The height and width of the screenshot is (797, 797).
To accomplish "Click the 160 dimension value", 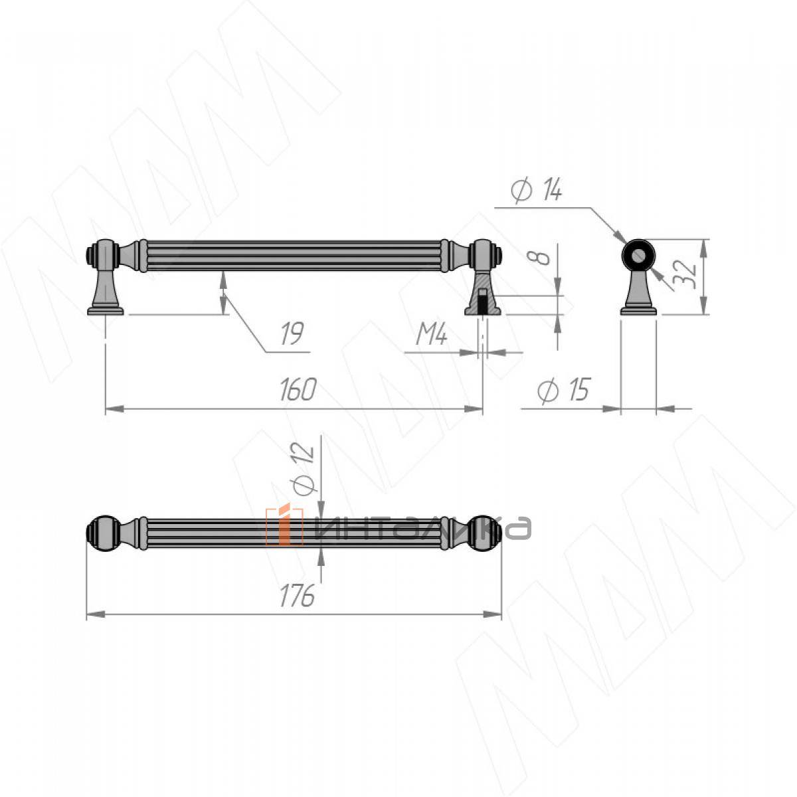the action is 298,390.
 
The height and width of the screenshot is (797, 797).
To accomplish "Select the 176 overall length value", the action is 297,596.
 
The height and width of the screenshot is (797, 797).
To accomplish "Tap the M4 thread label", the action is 432,334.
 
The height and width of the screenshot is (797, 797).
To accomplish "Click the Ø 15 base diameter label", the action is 563,390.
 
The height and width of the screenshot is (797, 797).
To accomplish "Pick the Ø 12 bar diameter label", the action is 304,469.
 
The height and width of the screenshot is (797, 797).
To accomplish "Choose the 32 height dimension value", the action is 684,274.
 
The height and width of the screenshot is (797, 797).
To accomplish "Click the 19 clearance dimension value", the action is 292,333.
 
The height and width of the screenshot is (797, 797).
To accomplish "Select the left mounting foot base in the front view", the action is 106,311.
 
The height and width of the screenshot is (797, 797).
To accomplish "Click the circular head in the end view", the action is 638,255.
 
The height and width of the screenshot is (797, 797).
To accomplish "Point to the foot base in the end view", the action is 638,311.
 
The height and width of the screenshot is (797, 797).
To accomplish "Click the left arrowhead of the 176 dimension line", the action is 95,614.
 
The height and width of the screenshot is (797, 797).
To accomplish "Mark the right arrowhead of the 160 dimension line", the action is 474,409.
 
